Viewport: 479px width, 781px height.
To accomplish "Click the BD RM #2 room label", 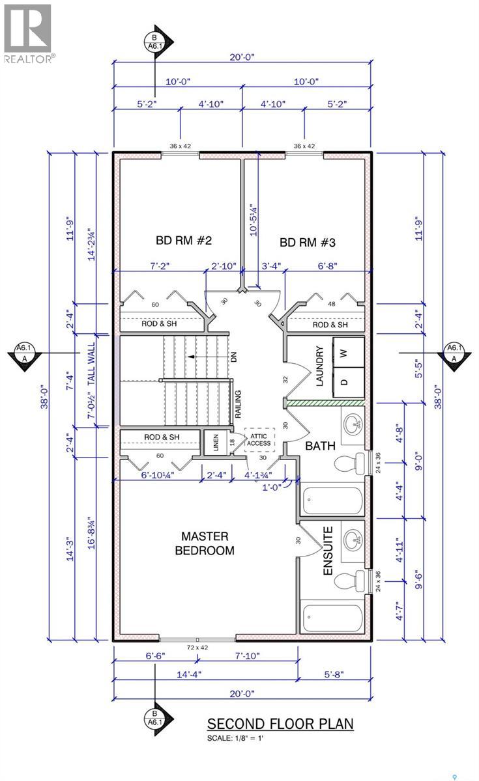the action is [x=184, y=240].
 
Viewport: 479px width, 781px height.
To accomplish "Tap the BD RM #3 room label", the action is [x=308, y=242].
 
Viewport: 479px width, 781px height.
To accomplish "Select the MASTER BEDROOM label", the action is [x=205, y=543].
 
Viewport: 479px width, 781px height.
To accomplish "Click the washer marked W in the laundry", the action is [x=349, y=352].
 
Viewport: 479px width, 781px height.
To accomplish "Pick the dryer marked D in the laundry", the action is [x=349, y=382].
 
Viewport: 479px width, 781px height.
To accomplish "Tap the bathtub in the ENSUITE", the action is [x=333, y=617].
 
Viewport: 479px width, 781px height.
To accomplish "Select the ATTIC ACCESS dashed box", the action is [x=259, y=440].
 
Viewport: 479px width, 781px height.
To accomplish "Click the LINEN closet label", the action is [x=216, y=443].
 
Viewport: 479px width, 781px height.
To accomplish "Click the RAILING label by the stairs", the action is [x=238, y=404].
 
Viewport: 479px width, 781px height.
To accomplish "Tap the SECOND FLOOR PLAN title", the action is [x=280, y=724].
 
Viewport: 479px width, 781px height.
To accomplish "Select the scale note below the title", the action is [x=235, y=738].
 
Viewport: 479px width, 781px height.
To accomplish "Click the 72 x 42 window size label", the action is [x=197, y=648].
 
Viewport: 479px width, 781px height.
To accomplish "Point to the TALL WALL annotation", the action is [x=91, y=364].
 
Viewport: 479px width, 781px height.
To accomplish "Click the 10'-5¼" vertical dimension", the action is [x=254, y=221].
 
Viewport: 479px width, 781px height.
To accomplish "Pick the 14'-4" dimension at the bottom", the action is [x=189, y=674].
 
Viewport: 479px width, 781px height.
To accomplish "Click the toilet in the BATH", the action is [x=350, y=463].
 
